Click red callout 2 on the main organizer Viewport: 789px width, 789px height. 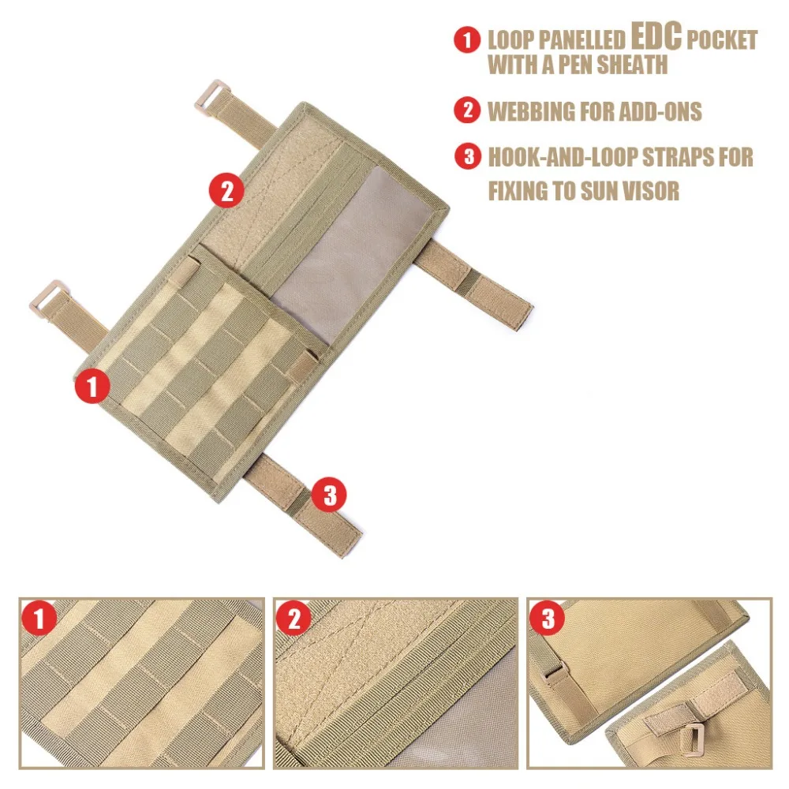click(x=226, y=191)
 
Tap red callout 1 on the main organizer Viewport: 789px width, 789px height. click(x=93, y=387)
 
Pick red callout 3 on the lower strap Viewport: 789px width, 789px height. click(x=329, y=495)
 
